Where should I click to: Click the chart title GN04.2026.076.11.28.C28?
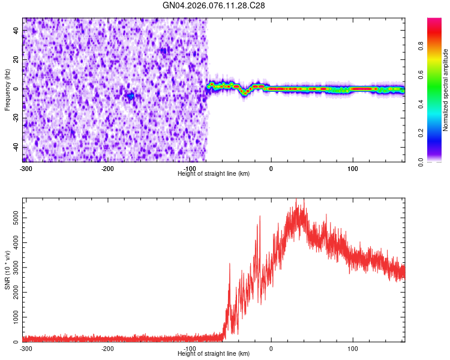pyautogui.click(x=214, y=5)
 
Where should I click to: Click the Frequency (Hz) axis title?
pyautogui.click(x=7, y=89)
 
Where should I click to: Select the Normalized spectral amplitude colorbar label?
pyautogui.click(x=446, y=90)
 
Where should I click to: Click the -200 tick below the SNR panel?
pyautogui.click(x=107, y=349)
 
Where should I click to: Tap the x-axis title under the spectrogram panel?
pyautogui.click(x=214, y=174)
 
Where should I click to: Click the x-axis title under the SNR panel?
pyautogui.click(x=214, y=354)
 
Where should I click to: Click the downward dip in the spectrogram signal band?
pyautogui.click(x=244, y=93)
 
